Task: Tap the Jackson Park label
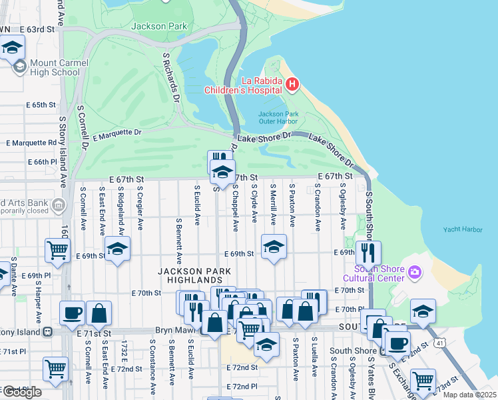tap(159, 27)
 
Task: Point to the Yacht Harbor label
tap(463, 230)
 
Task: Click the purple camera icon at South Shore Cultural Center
tap(415, 272)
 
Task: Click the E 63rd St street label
tap(36, 30)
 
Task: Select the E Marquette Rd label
tap(31, 143)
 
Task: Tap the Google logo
tap(21, 392)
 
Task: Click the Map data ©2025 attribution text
tap(469, 395)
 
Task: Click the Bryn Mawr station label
tap(174, 331)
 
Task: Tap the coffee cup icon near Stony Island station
tap(72, 313)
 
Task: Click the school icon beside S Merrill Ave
tap(273, 247)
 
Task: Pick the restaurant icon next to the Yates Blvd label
tap(368, 253)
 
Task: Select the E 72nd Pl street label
tap(242, 387)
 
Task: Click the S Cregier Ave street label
tap(140, 209)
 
